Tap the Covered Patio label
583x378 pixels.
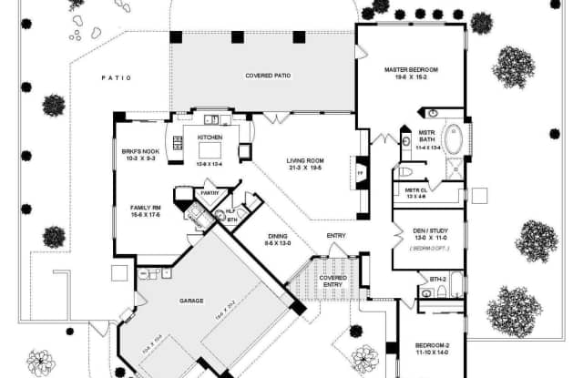(x=268, y=76)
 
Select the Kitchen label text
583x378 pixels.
(x=210, y=138)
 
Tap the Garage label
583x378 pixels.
(x=190, y=301)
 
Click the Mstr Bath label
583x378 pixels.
(x=428, y=137)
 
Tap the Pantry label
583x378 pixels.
(x=210, y=193)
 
